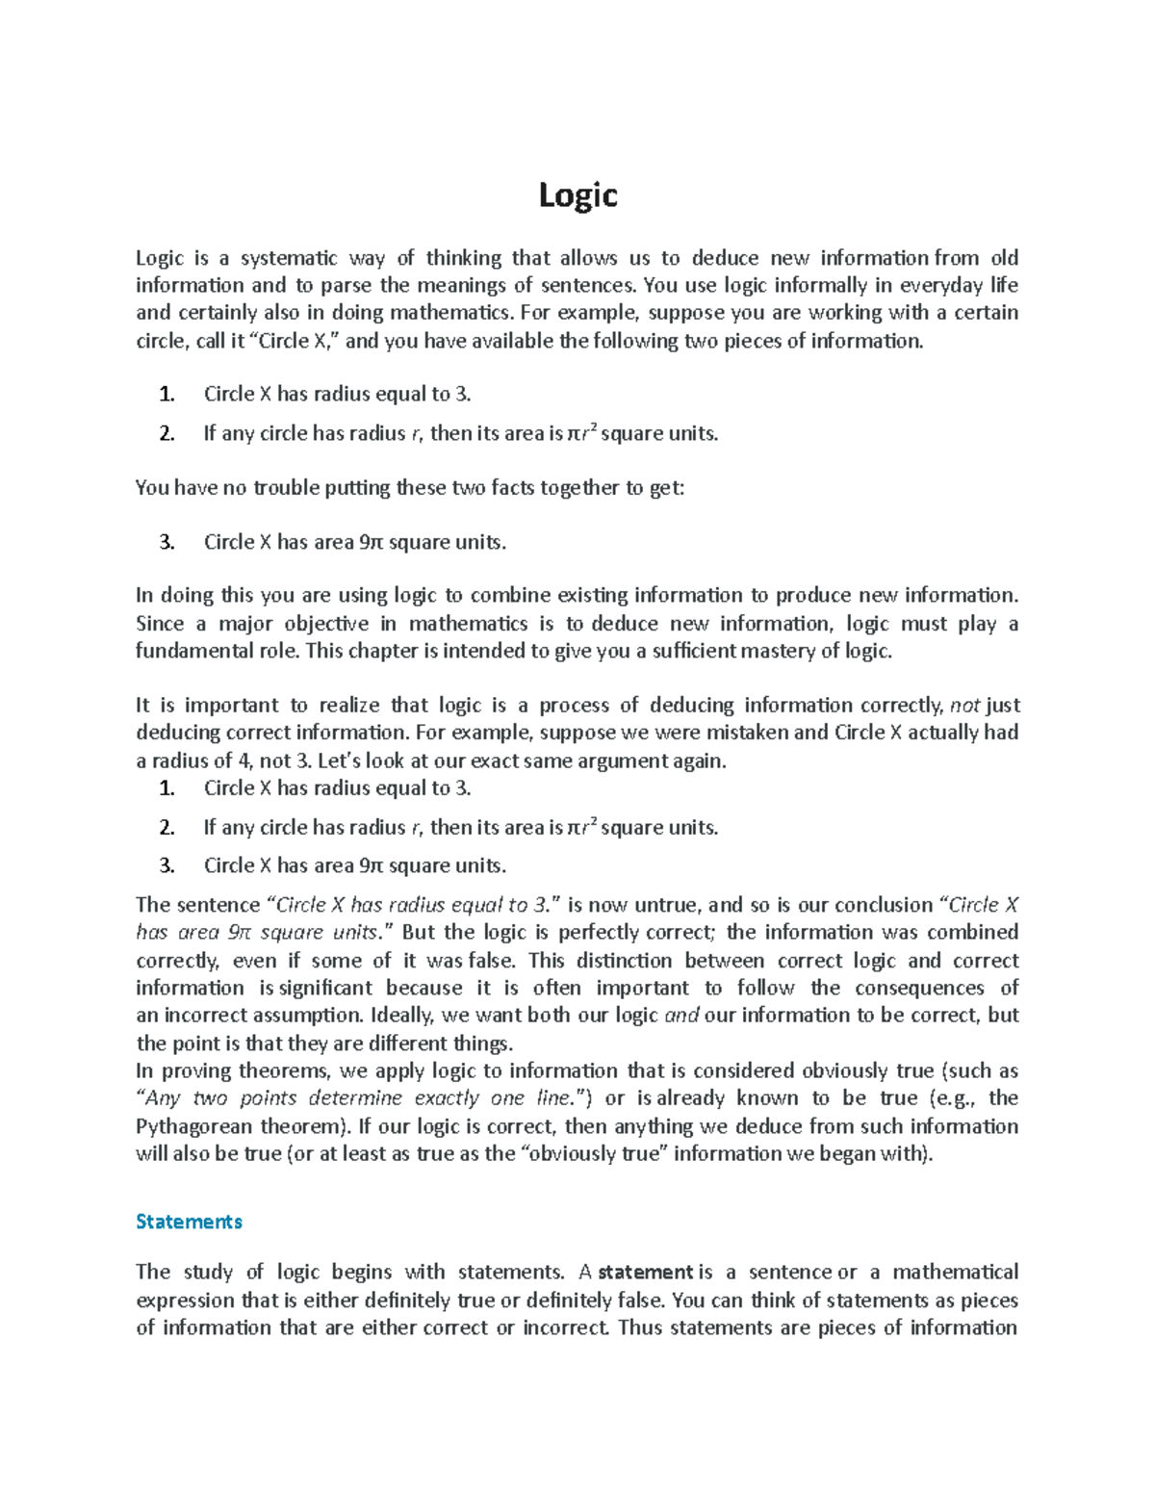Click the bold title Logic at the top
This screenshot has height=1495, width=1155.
[577, 195]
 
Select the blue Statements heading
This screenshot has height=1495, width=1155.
[189, 1222]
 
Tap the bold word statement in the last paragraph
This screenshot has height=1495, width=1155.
[646, 1273]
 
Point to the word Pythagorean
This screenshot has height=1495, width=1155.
[189, 1126]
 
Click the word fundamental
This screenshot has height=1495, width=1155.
[188, 651]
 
